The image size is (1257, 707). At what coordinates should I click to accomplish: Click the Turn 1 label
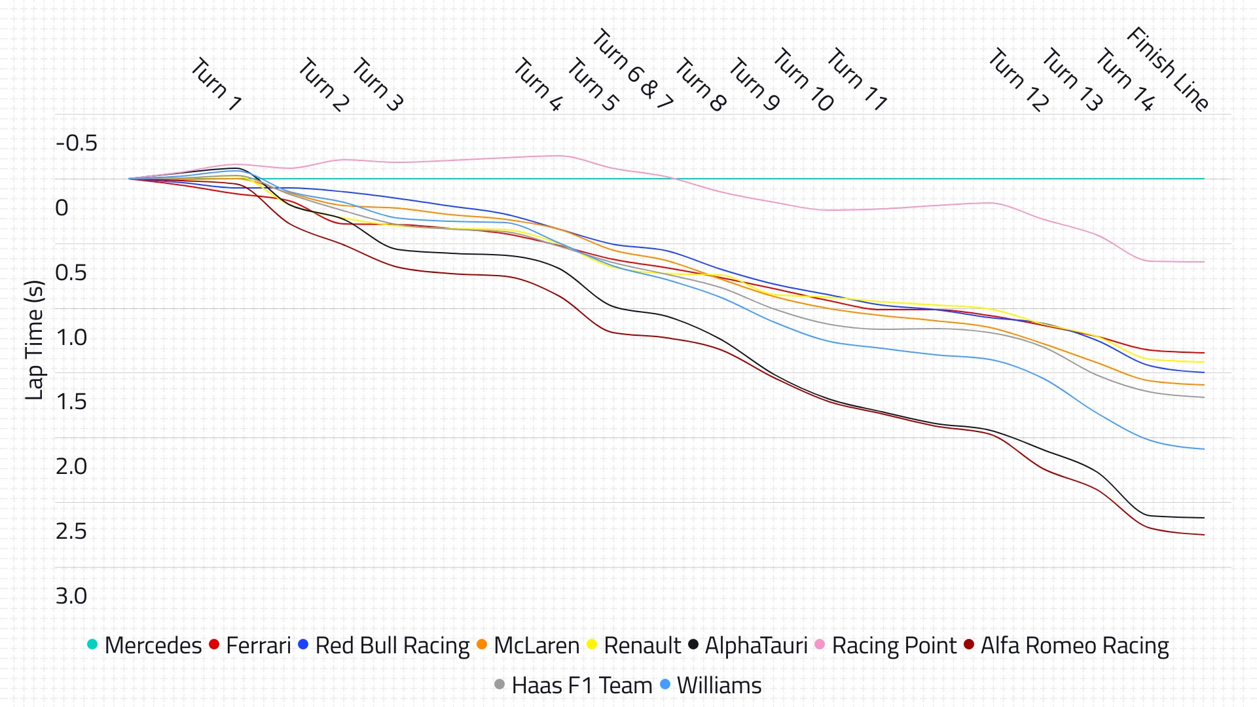216,84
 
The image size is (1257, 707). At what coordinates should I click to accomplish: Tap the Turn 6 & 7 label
632,69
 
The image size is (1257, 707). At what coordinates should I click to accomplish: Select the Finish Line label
1167,69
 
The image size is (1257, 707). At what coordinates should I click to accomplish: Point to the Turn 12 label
1018,80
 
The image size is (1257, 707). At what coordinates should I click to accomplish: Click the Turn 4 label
537,84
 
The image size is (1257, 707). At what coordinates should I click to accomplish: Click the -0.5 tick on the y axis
77,143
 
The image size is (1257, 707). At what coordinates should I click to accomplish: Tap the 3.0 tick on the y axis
71,596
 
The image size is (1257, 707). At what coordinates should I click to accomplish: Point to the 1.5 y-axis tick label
71,402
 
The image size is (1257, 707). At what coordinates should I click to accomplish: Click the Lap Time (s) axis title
34,340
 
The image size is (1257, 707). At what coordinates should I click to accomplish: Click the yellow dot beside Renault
592,645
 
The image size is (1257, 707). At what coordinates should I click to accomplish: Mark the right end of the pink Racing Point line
1203,262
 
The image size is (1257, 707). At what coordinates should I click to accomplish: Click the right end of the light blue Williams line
1203,449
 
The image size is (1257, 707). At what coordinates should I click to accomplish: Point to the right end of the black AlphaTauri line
1203,518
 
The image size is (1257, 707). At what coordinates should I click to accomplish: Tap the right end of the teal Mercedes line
1203,179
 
